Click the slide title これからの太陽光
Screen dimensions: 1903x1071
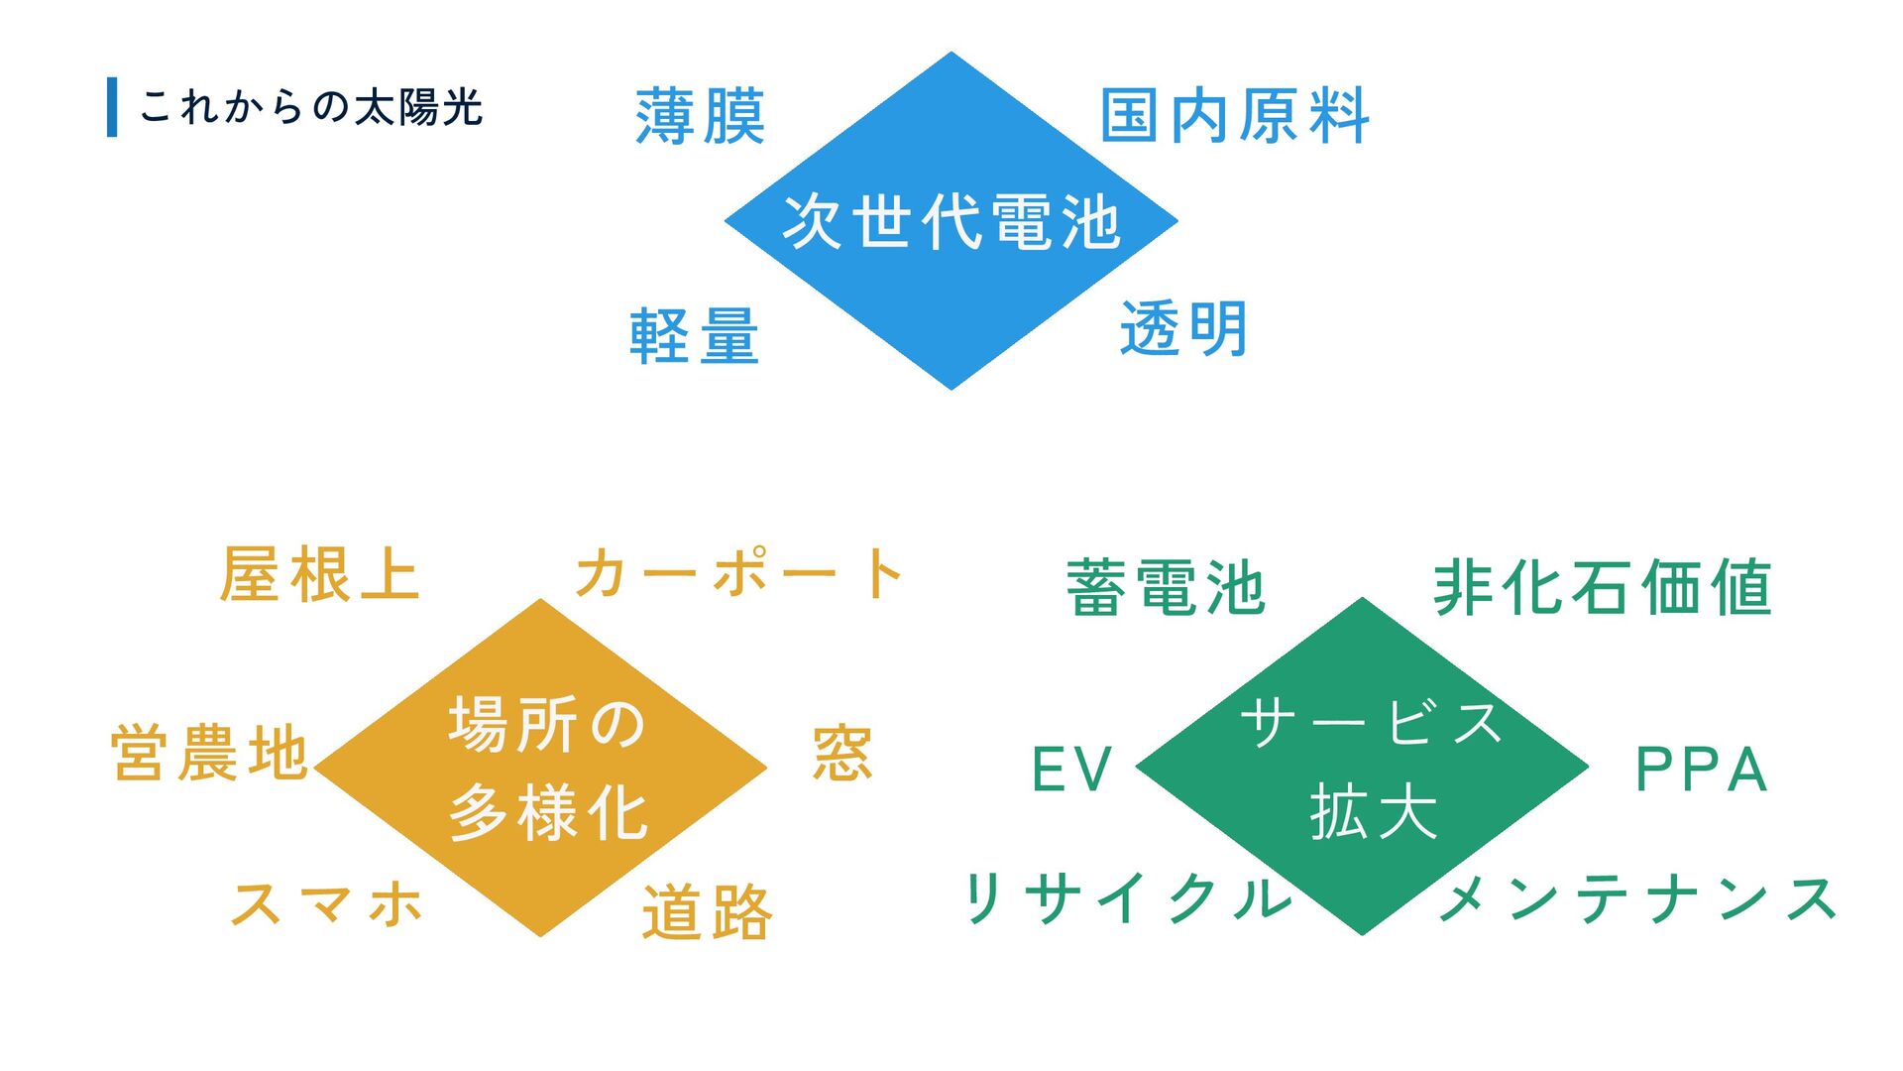point(310,107)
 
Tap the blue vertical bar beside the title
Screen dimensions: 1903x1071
point(112,107)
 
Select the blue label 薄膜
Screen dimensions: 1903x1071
point(700,117)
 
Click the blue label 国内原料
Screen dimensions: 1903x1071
point(1235,116)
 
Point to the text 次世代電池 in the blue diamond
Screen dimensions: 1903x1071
point(951,221)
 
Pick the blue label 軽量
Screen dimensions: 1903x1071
point(695,336)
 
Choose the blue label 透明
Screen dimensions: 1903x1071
point(1183,328)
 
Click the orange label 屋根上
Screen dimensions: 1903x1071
point(320,574)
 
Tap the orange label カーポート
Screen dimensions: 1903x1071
point(739,573)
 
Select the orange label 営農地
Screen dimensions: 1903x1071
point(210,753)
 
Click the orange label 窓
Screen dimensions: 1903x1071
point(842,754)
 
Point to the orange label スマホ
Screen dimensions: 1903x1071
point(327,903)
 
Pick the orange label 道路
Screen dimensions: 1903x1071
point(707,912)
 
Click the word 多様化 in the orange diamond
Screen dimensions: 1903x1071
point(548,813)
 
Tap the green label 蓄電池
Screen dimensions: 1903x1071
point(1166,588)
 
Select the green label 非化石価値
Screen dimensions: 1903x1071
point(1602,587)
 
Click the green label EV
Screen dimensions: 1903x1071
point(1072,770)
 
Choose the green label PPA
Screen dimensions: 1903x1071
point(1701,770)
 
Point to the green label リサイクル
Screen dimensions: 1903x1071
point(1129,898)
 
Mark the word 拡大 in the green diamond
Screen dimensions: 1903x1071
point(1374,812)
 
